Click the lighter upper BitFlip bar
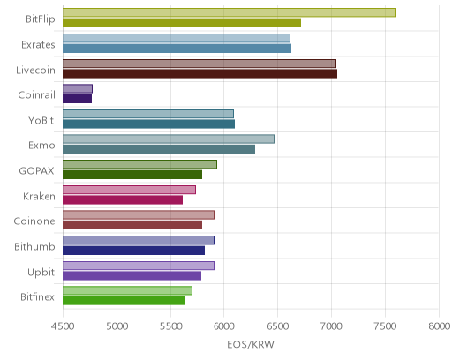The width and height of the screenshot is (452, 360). (x=230, y=12)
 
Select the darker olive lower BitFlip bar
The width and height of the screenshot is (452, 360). (x=182, y=23)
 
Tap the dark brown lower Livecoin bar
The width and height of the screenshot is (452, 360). (x=200, y=73)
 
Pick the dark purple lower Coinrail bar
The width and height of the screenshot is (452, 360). (x=77, y=99)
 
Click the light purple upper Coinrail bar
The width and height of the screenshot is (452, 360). (x=78, y=88)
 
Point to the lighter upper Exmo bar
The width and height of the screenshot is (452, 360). (x=169, y=139)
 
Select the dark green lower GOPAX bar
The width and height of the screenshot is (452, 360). (x=132, y=175)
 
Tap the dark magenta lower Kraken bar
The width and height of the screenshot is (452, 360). (x=123, y=200)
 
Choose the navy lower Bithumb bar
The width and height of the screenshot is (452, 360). (x=133, y=251)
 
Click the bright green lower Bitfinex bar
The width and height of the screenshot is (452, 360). (x=124, y=301)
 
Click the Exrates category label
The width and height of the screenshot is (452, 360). (x=38, y=45)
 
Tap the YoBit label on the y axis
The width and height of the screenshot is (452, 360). (x=41, y=120)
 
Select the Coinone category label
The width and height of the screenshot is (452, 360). (x=34, y=221)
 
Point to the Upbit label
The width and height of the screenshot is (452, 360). (x=41, y=273)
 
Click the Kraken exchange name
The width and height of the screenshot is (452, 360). (x=39, y=196)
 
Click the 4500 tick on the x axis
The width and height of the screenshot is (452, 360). (x=63, y=326)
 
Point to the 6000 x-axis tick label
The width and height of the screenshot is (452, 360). (x=223, y=326)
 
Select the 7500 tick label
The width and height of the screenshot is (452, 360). (x=385, y=326)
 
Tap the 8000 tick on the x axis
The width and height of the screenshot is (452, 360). (x=439, y=326)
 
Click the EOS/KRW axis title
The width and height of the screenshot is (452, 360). (x=251, y=344)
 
